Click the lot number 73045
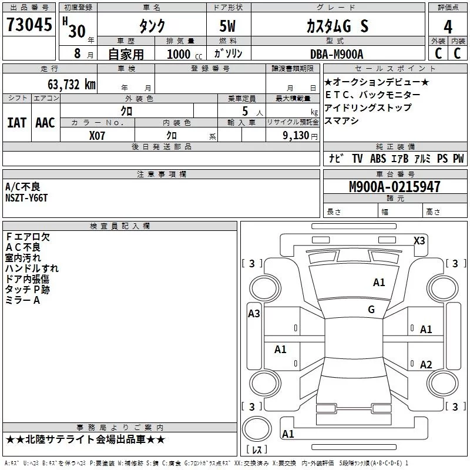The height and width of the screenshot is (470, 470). click(x=29, y=25)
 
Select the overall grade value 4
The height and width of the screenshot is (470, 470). click(x=448, y=27)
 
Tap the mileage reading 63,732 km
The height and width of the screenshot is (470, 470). click(x=72, y=85)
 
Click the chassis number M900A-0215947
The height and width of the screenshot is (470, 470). click(x=395, y=186)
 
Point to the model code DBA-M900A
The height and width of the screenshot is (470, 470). click(x=337, y=54)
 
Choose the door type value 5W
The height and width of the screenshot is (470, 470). click(x=227, y=26)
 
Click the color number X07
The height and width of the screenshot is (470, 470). click(x=97, y=136)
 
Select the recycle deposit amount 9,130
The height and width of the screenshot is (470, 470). click(x=296, y=136)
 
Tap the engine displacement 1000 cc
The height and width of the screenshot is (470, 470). click(x=184, y=54)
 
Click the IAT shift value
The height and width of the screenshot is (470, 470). click(x=17, y=123)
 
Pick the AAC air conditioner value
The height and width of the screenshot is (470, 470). click(x=45, y=123)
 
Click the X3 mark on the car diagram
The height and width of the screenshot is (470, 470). click(x=419, y=241)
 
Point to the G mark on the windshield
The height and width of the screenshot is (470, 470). click(x=371, y=309)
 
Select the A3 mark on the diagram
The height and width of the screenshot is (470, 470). click(x=254, y=314)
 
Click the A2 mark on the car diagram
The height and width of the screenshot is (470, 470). click(x=426, y=364)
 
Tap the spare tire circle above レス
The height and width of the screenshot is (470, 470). click(x=257, y=428)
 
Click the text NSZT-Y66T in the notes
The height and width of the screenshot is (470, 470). click(x=26, y=198)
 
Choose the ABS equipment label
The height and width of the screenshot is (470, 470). click(x=378, y=159)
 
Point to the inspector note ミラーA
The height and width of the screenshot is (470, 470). click(x=22, y=300)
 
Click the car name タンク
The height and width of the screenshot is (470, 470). click(x=152, y=26)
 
